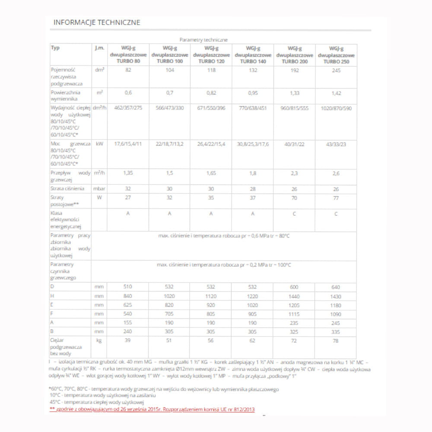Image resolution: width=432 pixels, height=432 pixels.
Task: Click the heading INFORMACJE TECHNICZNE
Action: tap(97, 22)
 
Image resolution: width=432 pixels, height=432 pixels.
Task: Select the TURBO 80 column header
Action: tap(128, 55)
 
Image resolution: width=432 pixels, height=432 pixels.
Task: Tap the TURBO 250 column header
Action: tap(336, 55)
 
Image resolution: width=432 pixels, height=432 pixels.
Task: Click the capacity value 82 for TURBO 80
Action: tap(128, 70)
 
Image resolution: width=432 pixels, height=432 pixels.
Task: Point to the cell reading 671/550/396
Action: tap(211, 108)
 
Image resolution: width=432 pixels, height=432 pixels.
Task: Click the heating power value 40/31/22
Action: tap(295, 144)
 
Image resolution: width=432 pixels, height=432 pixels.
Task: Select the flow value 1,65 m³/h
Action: tap(211, 173)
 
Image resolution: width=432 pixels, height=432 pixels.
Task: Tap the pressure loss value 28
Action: tap(253, 189)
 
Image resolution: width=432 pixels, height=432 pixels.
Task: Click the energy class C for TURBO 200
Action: tap(295, 213)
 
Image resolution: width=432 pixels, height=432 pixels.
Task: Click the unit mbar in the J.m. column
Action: tap(99, 189)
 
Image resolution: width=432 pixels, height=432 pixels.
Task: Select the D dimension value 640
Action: tap(336, 287)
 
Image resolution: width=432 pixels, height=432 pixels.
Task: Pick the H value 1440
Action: tap(295, 296)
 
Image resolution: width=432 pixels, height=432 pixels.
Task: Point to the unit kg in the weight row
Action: tap(99, 341)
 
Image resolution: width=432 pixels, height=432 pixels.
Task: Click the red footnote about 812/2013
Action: tap(152, 409)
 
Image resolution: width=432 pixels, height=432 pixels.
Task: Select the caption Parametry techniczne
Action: tap(203, 40)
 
